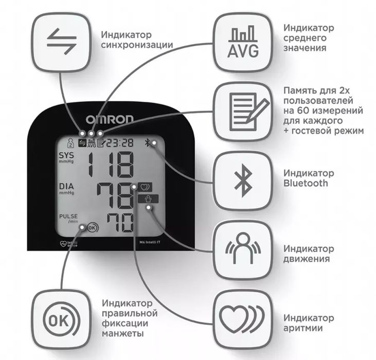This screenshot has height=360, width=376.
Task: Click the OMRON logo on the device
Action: (110, 119)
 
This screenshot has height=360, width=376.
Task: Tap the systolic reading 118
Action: (109, 166)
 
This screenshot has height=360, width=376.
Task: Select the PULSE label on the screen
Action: (68, 217)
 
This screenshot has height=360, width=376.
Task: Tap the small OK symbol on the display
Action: (92, 226)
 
